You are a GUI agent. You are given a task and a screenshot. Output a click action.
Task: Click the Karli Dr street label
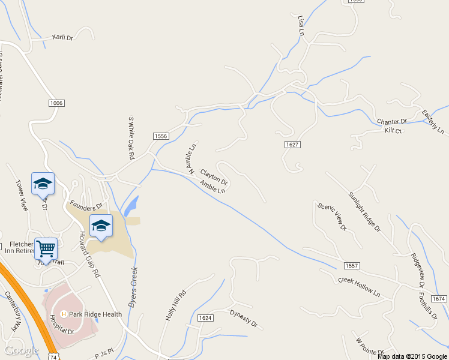[x=62, y=37]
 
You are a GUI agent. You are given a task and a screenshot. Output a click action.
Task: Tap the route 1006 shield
[x=56, y=103]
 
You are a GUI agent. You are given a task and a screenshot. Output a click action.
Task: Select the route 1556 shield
[x=160, y=137]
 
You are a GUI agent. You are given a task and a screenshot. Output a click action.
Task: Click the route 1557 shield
[x=352, y=265]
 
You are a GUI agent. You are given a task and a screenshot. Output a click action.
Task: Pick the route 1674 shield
[x=439, y=298]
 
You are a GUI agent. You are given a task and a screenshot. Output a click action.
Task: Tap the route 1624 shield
[x=205, y=317]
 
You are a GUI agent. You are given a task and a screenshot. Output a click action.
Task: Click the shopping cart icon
[x=46, y=247]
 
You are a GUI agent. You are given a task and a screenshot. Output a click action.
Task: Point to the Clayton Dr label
[x=214, y=177]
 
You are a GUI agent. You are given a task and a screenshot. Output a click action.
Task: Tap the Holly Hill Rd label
[x=176, y=305]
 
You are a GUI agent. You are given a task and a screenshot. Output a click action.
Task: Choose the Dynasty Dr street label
[x=243, y=318]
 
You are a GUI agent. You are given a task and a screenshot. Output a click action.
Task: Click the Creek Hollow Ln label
[x=360, y=287]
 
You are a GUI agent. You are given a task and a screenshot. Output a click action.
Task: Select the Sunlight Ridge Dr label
[x=364, y=211]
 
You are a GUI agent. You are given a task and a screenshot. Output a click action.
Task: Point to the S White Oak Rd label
[x=130, y=137]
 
